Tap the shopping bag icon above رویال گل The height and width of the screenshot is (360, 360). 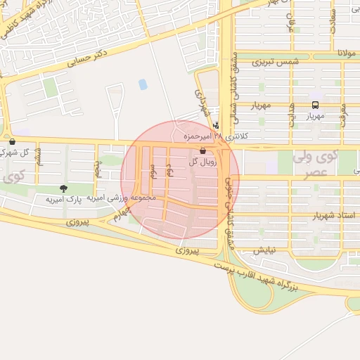[203, 151]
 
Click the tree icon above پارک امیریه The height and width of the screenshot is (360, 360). [64, 188]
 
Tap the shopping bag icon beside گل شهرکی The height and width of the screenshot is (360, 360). [12, 141]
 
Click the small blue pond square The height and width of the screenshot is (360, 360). [143, 84]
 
